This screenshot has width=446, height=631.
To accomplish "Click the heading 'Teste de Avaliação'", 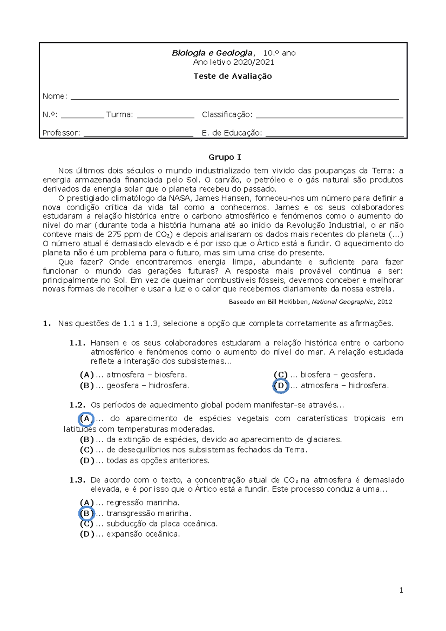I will point(233,76).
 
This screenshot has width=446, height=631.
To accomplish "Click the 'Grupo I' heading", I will point(224,157).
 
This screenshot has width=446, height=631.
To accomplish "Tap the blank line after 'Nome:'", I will point(234,97).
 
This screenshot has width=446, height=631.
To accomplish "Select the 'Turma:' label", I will point(119,115).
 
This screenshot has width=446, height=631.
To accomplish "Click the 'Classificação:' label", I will point(227,115).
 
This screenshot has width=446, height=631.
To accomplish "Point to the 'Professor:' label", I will point(61,133).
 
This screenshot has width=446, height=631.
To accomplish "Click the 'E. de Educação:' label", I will point(232,133).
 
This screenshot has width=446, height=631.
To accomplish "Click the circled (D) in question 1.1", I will point(281,386).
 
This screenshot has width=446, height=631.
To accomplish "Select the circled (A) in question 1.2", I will point(86,419).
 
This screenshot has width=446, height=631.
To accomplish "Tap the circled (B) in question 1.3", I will point(86,514).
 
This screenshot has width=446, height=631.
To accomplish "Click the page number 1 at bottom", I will point(401,590).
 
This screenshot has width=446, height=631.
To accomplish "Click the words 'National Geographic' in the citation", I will point(342,302).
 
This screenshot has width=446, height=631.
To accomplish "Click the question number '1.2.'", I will point(77,405).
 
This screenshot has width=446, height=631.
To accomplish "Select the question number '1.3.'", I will point(77,480).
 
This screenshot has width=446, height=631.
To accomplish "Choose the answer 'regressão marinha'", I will point(143,503).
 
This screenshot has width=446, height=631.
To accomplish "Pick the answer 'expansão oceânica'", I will point(143,534).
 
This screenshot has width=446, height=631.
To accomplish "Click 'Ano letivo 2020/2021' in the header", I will point(233,62).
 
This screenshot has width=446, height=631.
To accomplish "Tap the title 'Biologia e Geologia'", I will point(212,53).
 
